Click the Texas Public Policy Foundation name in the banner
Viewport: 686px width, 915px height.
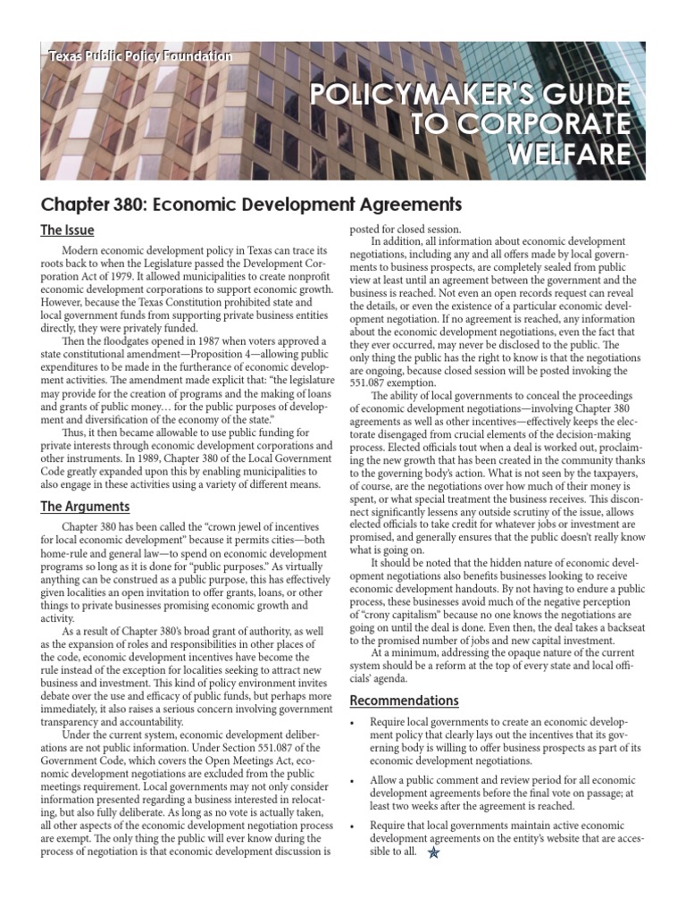[x=140, y=56]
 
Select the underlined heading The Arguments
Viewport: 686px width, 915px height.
[x=85, y=507]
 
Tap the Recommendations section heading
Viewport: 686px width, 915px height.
[x=404, y=700]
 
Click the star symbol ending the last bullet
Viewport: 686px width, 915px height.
[x=434, y=853]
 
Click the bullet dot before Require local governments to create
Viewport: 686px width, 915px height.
[x=354, y=722]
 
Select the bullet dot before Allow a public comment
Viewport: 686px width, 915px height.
[x=354, y=781]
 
